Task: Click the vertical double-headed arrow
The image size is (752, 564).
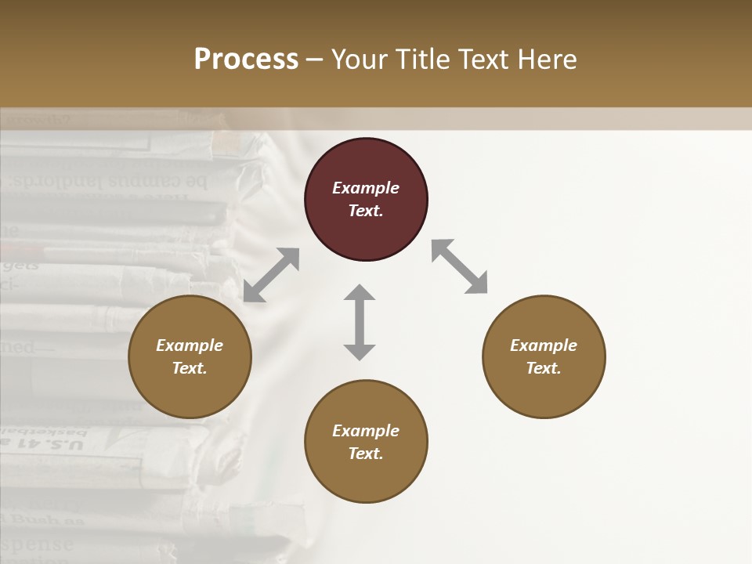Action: coord(360,322)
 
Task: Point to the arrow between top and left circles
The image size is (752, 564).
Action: coord(271,275)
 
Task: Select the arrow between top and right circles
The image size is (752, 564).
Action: coord(459,266)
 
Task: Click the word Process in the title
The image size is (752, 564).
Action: coord(246,60)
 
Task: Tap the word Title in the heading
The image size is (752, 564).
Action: coord(424,60)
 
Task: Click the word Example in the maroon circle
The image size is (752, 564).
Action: coord(366,188)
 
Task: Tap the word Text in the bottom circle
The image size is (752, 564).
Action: coord(366,454)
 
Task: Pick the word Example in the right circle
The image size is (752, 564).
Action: coord(544,345)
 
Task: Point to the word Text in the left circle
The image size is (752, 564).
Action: coord(190,368)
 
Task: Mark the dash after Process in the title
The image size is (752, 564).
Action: coord(315,60)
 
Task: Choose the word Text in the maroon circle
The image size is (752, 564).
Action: coord(366,211)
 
